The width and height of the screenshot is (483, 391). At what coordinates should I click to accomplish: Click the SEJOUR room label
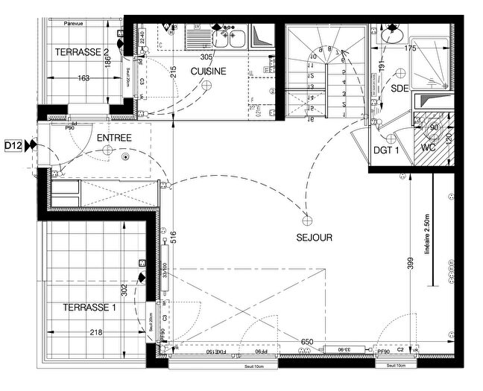click(313, 238)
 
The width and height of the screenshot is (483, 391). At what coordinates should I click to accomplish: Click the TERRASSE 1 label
click(90, 307)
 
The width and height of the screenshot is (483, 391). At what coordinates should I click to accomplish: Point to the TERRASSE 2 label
click(83, 51)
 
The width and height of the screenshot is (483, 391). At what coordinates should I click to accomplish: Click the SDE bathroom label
click(400, 88)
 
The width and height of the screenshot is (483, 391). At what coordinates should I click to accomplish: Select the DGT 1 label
click(387, 150)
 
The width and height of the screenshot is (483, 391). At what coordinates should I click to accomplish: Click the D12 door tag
click(13, 145)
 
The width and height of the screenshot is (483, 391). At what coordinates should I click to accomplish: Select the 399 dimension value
click(401, 264)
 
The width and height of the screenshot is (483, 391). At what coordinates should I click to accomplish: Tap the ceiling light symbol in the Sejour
click(305, 219)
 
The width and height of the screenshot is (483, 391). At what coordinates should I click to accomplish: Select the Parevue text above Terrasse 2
click(74, 22)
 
